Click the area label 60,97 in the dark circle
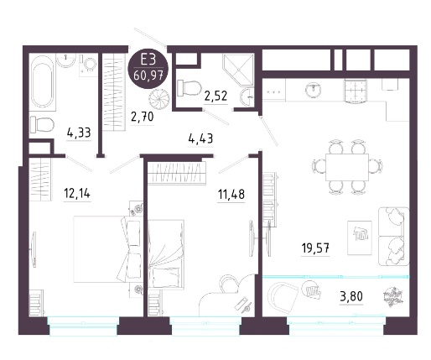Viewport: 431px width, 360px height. (x=148, y=76)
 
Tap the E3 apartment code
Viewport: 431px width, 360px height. (x=148, y=60)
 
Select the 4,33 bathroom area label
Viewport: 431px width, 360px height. (x=79, y=133)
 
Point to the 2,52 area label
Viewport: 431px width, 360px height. (x=215, y=96)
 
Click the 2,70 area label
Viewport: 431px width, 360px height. (x=143, y=117)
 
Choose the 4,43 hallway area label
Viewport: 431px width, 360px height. (x=200, y=138)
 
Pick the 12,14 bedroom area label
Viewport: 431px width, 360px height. (x=77, y=193)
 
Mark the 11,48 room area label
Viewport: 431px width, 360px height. (x=231, y=194)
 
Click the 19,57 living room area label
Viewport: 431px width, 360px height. (x=315, y=248)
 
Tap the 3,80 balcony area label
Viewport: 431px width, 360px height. (x=351, y=295)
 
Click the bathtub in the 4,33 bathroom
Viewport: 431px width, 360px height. (x=43, y=81)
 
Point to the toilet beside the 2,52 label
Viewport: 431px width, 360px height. (x=190, y=87)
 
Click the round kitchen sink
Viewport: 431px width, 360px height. (x=314, y=90)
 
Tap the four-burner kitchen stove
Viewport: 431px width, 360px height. (x=356, y=91)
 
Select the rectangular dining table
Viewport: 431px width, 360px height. (x=347, y=167)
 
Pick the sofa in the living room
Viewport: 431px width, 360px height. (x=393, y=237)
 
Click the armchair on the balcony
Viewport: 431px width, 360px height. (x=282, y=295)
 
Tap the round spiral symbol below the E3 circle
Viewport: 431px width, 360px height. (x=158, y=101)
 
